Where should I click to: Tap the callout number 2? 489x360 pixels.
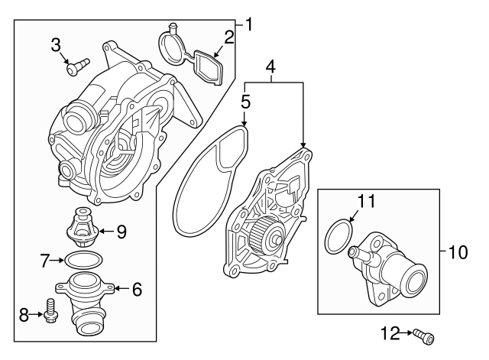tap(229, 37)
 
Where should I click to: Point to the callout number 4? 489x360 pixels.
tap(270, 70)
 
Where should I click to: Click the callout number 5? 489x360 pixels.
tap(244, 99)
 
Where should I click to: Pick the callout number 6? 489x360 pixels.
tap(137, 289)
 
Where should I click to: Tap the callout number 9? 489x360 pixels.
tap(121, 230)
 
